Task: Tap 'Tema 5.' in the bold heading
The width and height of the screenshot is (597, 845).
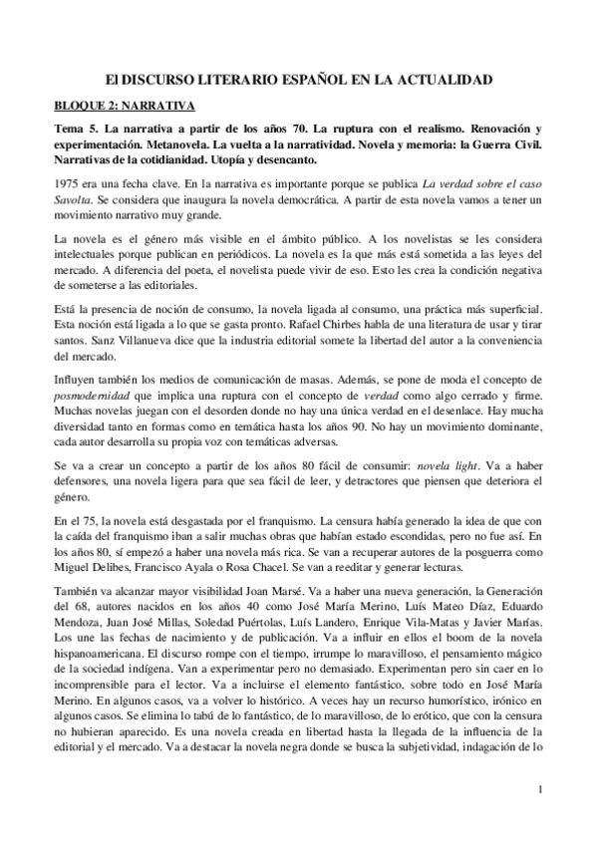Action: click(x=75, y=131)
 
